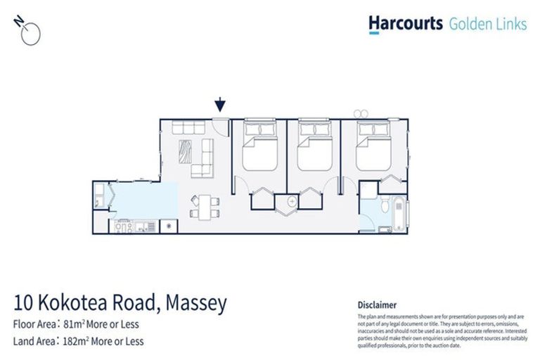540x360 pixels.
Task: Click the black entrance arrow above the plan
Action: pyautogui.click(x=220, y=105)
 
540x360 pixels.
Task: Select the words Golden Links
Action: pyautogui.click(x=487, y=24)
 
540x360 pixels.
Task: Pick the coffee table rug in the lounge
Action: pyautogui.click(x=187, y=150)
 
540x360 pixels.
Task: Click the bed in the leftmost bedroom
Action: pyautogui.click(x=259, y=148)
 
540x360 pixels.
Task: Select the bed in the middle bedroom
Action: pyautogui.click(x=314, y=148)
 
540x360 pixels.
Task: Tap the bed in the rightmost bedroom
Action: pyautogui.click(x=374, y=148)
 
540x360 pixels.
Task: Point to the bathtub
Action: pyautogui.click(x=399, y=214)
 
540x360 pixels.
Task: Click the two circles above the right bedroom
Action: pyautogui.click(x=362, y=112)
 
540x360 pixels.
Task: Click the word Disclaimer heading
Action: pyautogui.click(x=377, y=304)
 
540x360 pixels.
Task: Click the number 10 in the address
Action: pyautogui.click(x=23, y=304)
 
